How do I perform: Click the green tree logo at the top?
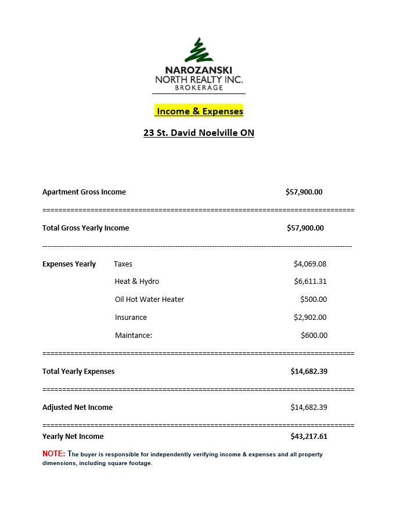[199, 51]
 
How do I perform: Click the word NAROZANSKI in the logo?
[199, 70]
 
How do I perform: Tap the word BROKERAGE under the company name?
[199, 88]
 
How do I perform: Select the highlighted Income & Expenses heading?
[199, 111]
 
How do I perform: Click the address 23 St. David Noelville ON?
[199, 132]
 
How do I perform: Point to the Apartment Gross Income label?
[84, 192]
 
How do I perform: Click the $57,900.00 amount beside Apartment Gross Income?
[304, 192]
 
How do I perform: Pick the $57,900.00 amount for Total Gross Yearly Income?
[305, 228]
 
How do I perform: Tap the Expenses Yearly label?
[69, 264]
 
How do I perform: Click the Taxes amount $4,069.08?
[310, 264]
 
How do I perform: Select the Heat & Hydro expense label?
[137, 282]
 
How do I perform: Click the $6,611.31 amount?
[310, 282]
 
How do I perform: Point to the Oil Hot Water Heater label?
[149, 300]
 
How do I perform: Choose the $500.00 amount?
[314, 300]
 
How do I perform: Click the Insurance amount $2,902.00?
[310, 318]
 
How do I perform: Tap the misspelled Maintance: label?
[134, 336]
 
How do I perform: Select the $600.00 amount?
[314, 336]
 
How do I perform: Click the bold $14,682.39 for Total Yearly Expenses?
[309, 372]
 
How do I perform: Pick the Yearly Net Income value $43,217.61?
[309, 437]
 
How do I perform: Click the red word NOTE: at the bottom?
[53, 453]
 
